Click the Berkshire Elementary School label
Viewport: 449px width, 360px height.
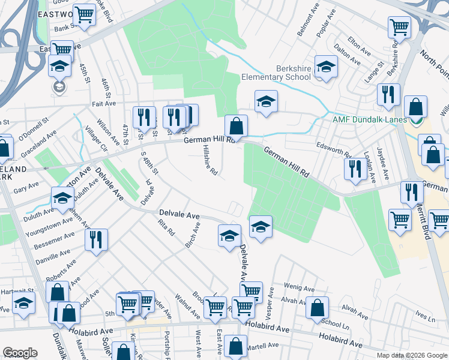[277, 73]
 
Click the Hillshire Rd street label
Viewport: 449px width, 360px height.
[209, 160]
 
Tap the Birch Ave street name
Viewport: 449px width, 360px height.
[193, 235]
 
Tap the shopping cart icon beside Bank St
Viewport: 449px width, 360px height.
[84, 15]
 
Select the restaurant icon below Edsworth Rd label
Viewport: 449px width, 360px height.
[355, 168]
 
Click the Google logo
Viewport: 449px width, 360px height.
[20, 353]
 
